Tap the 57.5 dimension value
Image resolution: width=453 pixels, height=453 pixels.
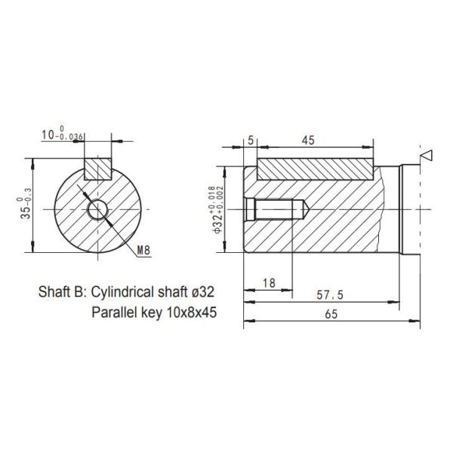coord(323,295)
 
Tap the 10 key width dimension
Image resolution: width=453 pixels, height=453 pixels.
coord(63,135)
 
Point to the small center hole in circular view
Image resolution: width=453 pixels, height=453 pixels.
coord(97,208)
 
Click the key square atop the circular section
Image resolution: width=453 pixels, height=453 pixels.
coord(97,168)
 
